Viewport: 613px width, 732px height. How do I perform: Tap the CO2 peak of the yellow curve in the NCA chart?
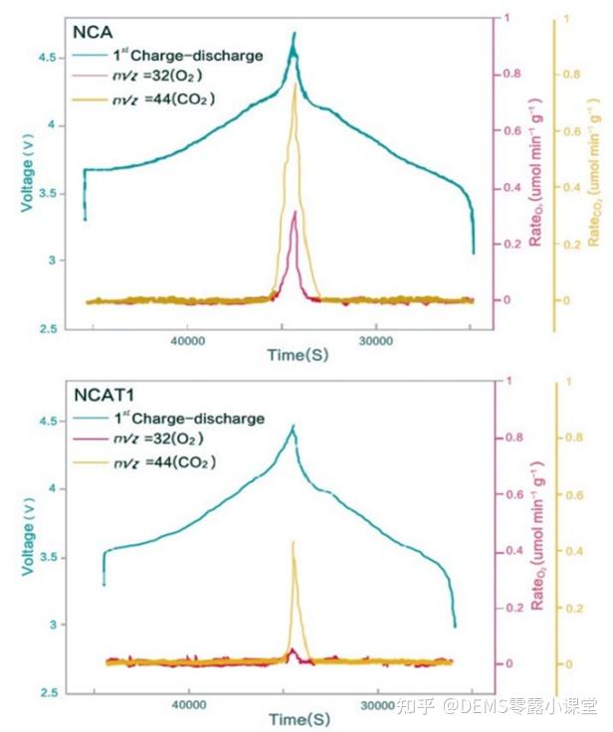click(x=295, y=87)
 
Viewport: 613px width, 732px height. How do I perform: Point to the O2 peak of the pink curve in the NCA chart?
click(x=295, y=212)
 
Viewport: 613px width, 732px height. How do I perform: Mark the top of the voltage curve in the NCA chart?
click(x=295, y=34)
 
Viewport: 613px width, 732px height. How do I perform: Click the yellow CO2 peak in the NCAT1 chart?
click(x=293, y=542)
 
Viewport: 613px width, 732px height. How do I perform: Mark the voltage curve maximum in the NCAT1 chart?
click(x=293, y=426)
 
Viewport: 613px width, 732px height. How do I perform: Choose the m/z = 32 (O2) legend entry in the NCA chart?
click(x=167, y=77)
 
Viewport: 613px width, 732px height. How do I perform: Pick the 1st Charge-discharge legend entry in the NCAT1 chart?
click(x=187, y=419)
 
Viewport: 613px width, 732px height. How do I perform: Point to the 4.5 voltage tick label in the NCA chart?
click(x=48, y=58)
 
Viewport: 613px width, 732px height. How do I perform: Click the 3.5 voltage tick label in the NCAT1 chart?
click(x=48, y=557)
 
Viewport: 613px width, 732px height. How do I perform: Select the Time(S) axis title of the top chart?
click(x=298, y=355)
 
